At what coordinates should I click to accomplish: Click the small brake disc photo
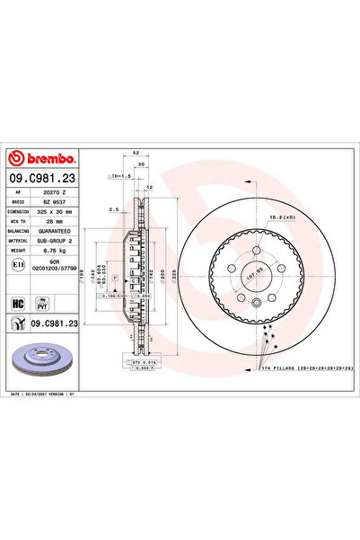(44, 358)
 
